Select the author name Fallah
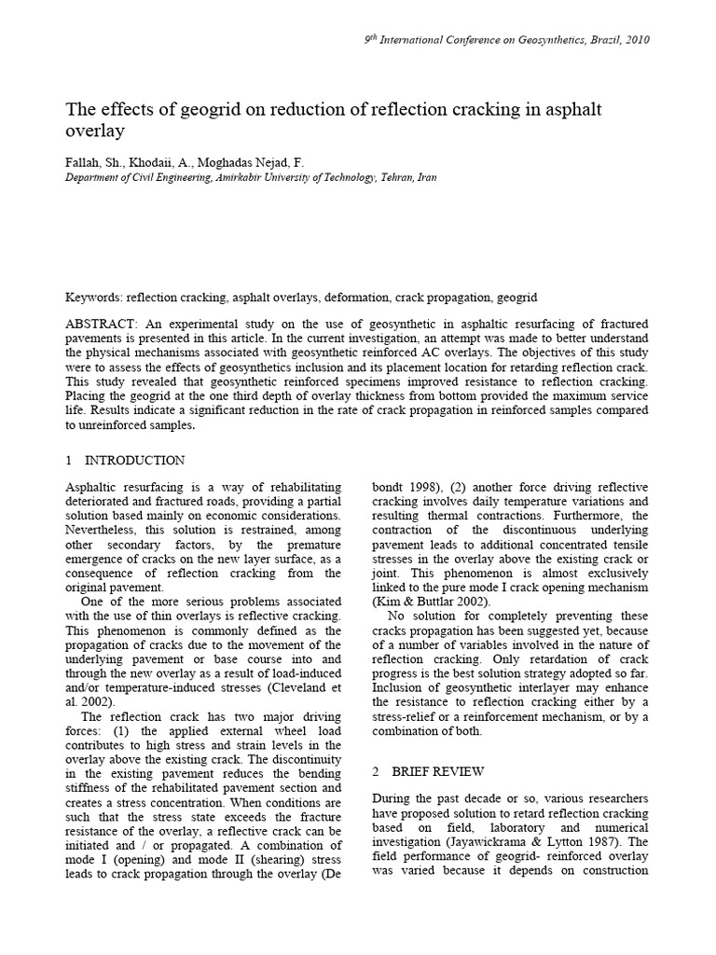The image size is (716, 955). [82, 160]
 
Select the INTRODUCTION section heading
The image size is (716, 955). [134, 461]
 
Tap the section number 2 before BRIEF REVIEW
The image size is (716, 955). [376, 771]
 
